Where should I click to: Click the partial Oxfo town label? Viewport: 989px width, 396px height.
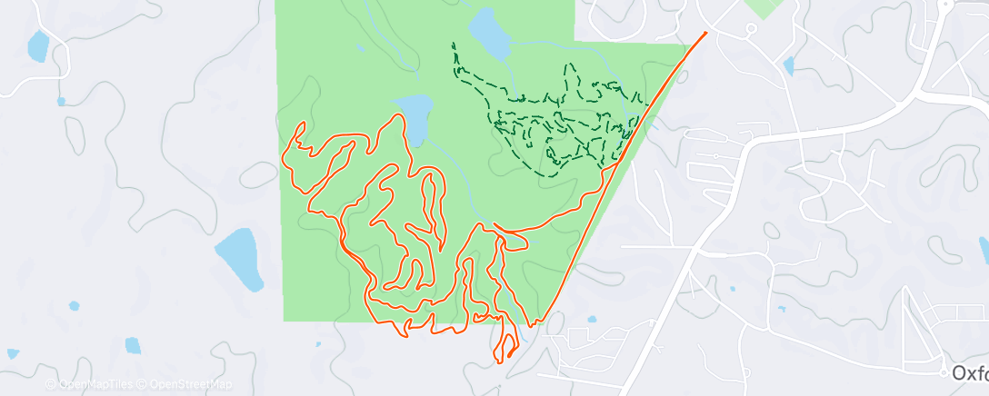(970, 373)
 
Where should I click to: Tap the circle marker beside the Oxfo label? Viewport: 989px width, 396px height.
(944, 372)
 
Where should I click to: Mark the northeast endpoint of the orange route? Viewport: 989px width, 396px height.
(705, 35)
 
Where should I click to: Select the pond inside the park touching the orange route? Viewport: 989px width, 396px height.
(415, 118)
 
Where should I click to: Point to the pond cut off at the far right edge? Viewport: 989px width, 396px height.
(984, 250)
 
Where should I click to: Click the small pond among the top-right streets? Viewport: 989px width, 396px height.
(788, 65)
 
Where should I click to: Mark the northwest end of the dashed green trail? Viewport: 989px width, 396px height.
(453, 44)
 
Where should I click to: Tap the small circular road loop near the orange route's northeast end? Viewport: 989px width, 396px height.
(750, 29)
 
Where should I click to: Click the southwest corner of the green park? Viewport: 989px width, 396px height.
(285, 320)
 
